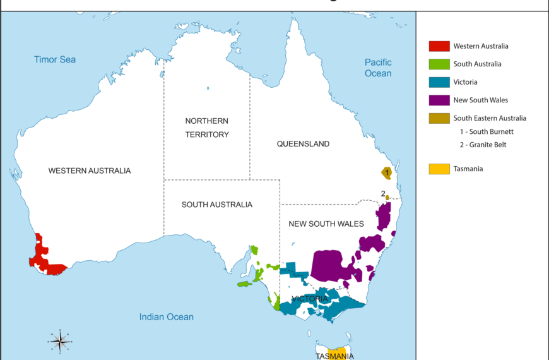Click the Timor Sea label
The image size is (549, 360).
coord(55,59)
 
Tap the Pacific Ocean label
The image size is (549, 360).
coord(378,68)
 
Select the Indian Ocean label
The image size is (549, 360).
coord(167,317)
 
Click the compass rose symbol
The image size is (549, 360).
coord(60,342)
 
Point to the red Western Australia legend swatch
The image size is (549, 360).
coord(439,46)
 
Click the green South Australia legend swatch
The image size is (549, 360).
coord(439,64)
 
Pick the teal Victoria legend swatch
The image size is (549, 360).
coord(439,82)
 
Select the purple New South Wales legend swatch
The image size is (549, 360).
coord(439,100)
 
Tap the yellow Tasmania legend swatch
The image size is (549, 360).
coord(439,169)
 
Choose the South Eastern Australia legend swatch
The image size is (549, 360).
coord(439,118)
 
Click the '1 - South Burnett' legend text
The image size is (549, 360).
coord(487,131)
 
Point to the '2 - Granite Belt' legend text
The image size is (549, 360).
coord(483,145)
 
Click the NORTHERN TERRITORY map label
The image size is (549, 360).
coord(206,128)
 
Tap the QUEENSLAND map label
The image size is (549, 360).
coord(303,144)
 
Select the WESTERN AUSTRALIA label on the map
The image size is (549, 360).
coord(90,171)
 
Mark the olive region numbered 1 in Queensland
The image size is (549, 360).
coord(386,172)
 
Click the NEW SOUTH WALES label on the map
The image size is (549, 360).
coord(326,224)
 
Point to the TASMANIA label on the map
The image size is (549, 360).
coord(334,356)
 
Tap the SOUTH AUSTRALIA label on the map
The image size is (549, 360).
coord(216,205)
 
